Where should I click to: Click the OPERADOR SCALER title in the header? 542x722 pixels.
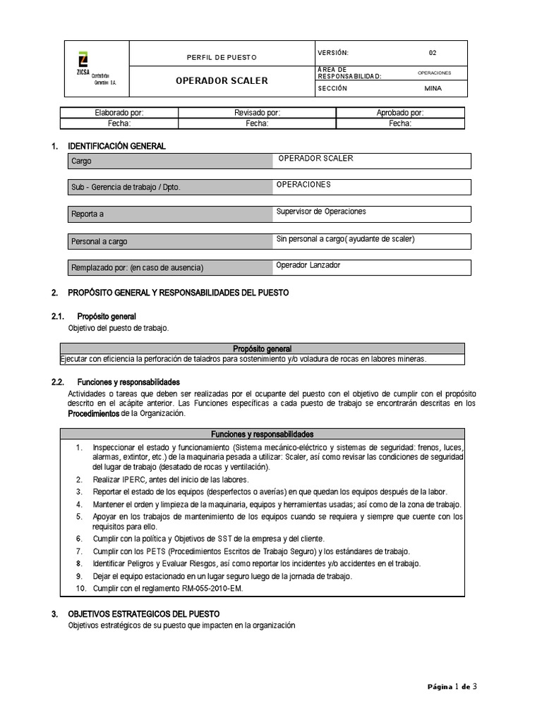pos(222,80)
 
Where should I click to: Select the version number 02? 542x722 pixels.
pos(433,53)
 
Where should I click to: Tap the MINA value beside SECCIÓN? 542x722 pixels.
pos(433,89)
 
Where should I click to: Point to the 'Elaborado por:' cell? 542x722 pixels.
pos(119,112)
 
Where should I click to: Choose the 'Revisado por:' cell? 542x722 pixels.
pos(257,112)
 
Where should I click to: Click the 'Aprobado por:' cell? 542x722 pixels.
pos(400,112)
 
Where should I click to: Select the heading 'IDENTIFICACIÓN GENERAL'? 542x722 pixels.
pos(116,146)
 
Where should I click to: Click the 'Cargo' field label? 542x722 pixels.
pos(82,161)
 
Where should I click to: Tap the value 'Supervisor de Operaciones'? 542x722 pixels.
pos(321,212)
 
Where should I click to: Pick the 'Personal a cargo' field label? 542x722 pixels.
pos(100,241)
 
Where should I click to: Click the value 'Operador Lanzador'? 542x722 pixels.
pos(309,265)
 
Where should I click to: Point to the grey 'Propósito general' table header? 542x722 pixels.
pos(262,348)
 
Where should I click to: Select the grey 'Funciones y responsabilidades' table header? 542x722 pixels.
pos(262,434)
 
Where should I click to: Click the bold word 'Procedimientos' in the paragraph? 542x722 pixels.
pos(93,414)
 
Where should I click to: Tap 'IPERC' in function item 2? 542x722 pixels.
pos(139,479)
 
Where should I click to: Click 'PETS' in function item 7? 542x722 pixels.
pos(155,551)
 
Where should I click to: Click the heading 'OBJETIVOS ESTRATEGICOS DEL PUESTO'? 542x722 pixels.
pos(143,614)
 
